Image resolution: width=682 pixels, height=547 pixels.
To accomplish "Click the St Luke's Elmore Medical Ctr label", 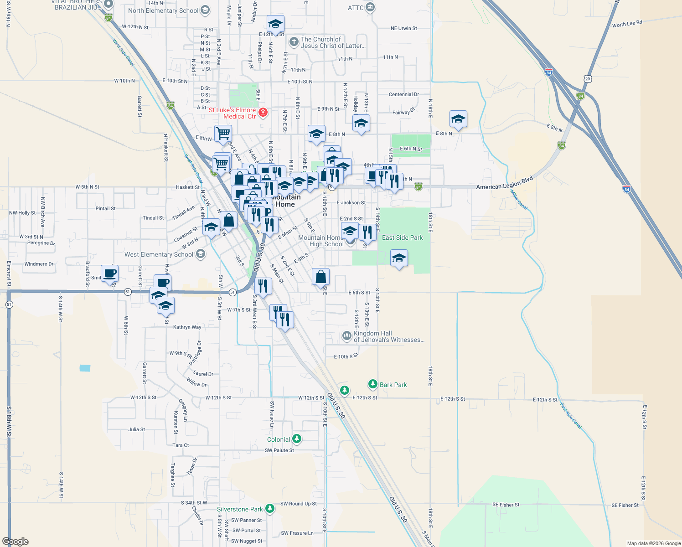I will pos(232,113).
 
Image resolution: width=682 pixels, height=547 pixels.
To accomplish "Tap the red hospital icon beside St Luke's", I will pos(263,112).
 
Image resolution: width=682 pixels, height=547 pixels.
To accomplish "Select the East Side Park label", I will pos(402,237).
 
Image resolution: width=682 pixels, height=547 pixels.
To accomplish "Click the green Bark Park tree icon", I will pos(373,384).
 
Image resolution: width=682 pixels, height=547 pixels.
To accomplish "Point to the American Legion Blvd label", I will pos(504,183).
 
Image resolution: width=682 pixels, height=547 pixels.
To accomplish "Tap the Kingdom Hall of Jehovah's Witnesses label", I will pos(389,336).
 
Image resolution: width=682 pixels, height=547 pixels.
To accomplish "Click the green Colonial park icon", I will pos(297,439).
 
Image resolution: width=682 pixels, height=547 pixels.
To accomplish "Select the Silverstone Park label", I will pos(240,509).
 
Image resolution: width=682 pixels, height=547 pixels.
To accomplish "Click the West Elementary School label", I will pos(159,254).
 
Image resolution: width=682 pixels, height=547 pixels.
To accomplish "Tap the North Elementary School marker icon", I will pos(205,10).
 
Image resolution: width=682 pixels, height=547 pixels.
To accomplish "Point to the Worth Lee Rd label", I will pos(627,24).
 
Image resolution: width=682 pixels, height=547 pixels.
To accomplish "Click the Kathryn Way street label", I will pos(187,327).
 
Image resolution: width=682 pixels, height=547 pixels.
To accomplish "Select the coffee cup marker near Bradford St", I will pos(109,273).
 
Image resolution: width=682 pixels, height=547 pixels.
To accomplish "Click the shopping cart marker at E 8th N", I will pos(223,134).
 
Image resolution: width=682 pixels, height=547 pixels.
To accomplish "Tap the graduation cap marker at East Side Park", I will pos(399,258).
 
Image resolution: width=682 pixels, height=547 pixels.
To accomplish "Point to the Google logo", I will pos(15,542).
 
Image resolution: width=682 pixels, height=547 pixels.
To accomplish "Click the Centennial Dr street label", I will pos(403,94).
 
